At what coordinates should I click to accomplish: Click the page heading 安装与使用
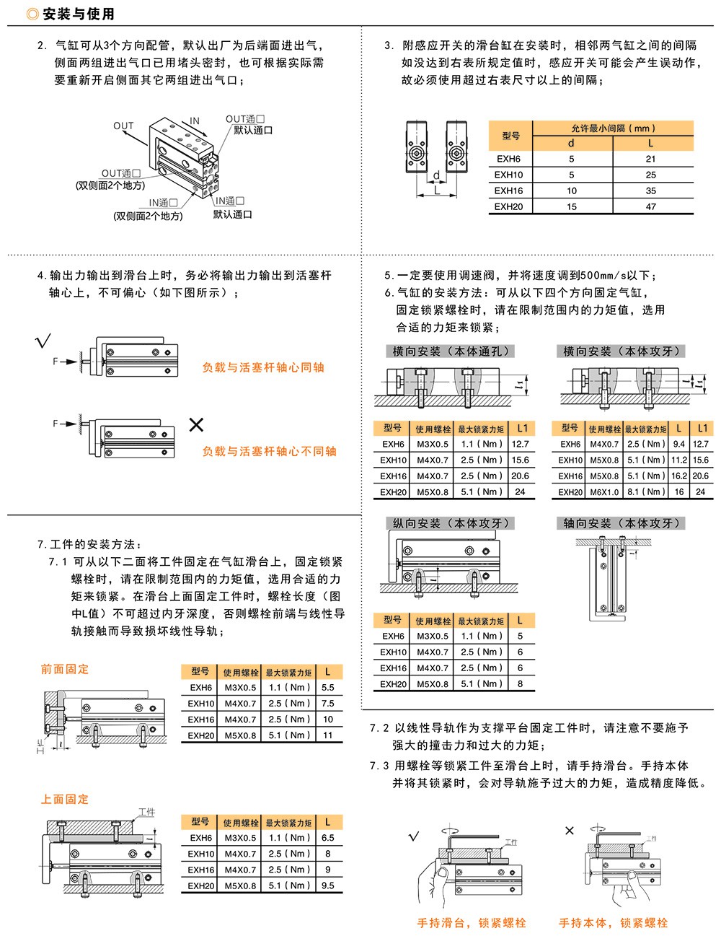[x=78, y=14]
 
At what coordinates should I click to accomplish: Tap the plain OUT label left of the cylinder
[x=123, y=126]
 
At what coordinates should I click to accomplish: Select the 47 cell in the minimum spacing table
[x=651, y=206]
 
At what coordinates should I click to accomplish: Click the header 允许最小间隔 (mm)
[x=612, y=128]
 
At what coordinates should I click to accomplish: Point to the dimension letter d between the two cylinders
[x=436, y=175]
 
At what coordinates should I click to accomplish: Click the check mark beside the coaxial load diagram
[x=43, y=340]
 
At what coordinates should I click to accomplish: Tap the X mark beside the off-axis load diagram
[x=196, y=424]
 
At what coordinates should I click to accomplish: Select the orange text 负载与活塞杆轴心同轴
[x=263, y=367]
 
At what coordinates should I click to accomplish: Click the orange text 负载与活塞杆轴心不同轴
[x=269, y=451]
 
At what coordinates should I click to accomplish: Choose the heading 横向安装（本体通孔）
[x=451, y=351]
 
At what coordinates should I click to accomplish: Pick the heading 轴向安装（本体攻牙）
[x=622, y=523]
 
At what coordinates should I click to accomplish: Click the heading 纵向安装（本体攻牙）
[x=451, y=523]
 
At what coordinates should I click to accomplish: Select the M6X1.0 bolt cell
[x=604, y=491]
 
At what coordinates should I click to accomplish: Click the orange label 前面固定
[x=65, y=669]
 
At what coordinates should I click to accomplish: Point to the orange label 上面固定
[x=65, y=799]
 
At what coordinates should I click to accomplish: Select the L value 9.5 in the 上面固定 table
[x=328, y=885]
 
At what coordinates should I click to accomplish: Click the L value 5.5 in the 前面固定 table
[x=328, y=688]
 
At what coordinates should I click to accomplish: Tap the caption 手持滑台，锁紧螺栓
[x=472, y=922]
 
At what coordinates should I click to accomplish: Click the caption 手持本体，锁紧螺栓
[x=614, y=922]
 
